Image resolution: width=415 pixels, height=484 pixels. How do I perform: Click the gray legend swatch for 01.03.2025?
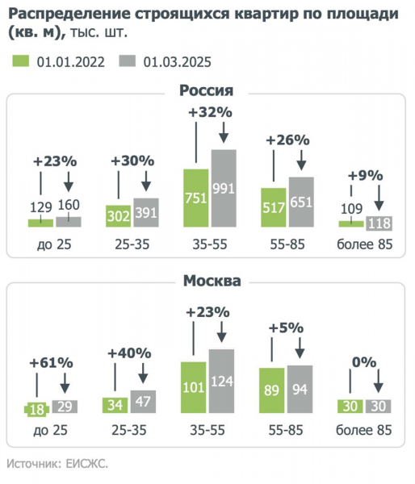128,61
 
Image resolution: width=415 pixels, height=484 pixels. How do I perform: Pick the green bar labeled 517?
273,207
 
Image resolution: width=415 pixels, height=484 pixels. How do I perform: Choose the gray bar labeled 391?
145,212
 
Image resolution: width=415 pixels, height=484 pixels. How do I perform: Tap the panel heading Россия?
207,91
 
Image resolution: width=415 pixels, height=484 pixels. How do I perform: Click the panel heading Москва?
207,282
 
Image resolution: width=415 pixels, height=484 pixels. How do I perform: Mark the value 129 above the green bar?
40,207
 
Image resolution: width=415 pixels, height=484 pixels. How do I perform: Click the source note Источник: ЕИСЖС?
57,464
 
